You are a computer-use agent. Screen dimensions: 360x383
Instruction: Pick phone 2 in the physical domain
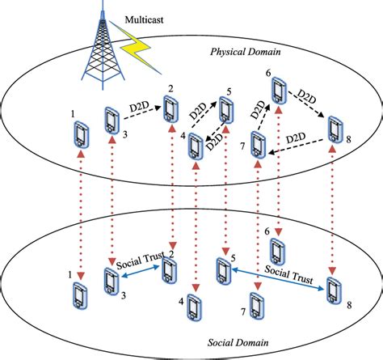[x=170, y=106]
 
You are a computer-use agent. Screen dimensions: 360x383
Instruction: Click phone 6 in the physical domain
[x=279, y=91]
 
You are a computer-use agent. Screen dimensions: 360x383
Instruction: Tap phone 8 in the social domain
[x=332, y=289]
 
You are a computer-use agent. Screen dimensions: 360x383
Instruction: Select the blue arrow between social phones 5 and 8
[x=279, y=279]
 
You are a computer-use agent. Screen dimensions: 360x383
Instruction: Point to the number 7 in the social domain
[x=245, y=312]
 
